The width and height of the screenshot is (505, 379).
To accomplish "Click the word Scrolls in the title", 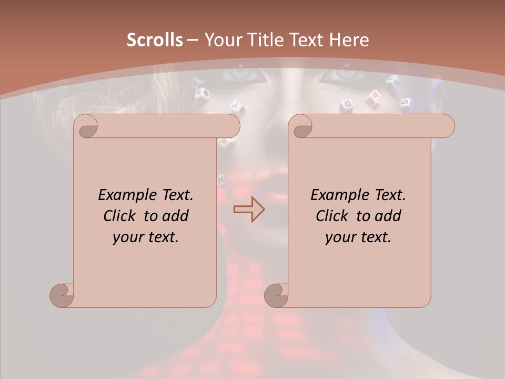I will [x=155, y=40].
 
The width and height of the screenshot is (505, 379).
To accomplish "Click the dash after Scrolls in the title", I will [x=193, y=41].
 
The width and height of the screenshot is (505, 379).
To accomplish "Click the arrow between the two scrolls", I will [x=249, y=210].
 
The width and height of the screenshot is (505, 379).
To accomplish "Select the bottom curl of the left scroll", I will [x=62, y=295].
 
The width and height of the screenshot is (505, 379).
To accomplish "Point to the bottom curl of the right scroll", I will [x=277, y=295].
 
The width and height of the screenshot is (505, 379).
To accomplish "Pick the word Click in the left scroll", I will [x=120, y=216].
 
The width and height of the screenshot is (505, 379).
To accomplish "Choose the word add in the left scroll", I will [x=175, y=216].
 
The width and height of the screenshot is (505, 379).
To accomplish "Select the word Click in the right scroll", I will [x=333, y=216].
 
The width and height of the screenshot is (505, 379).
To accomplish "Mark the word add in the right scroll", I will [x=388, y=216].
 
